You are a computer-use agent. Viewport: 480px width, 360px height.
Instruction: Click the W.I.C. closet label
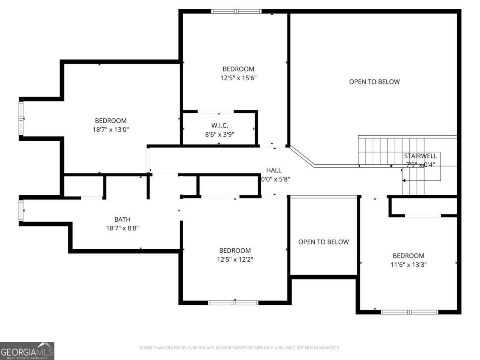pyautogui.click(x=219, y=126)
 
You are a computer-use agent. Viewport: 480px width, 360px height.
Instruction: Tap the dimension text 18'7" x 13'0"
pyautogui.click(x=110, y=130)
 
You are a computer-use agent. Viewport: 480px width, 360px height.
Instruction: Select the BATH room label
pyautogui.click(x=122, y=219)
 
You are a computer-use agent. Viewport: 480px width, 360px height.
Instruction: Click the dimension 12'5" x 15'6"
pyautogui.click(x=238, y=78)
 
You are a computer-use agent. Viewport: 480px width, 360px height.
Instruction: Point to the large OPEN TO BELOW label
pyautogui.click(x=374, y=82)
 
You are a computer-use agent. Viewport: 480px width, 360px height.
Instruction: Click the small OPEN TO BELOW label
pyautogui.click(x=323, y=242)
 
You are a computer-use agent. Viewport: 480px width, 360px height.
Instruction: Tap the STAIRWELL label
pyautogui.click(x=420, y=156)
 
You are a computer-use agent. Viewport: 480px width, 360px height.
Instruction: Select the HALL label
pyautogui.click(x=274, y=170)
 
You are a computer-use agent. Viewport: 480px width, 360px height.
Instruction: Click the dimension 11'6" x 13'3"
pyautogui.click(x=408, y=264)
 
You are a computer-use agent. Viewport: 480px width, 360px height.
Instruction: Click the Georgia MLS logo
pyautogui.click(x=27, y=351)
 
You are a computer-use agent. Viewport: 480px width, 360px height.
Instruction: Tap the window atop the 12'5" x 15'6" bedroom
pyautogui.click(x=236, y=11)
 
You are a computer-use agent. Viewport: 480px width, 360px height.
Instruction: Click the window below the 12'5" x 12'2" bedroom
pyautogui.click(x=234, y=303)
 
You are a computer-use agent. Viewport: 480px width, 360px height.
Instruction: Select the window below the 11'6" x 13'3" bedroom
pyautogui.click(x=409, y=312)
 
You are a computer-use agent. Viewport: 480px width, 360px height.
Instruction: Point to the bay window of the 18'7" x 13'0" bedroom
pyautogui.click(x=21, y=118)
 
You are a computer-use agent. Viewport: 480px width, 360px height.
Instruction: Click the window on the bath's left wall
pyautogui.click(x=21, y=210)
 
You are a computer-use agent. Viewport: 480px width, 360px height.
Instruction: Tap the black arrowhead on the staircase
pyautogui.click(x=404, y=181)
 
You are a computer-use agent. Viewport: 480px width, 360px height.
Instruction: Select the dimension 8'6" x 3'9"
pyautogui.click(x=219, y=134)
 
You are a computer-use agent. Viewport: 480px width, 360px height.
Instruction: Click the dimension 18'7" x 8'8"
pyautogui.click(x=122, y=228)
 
